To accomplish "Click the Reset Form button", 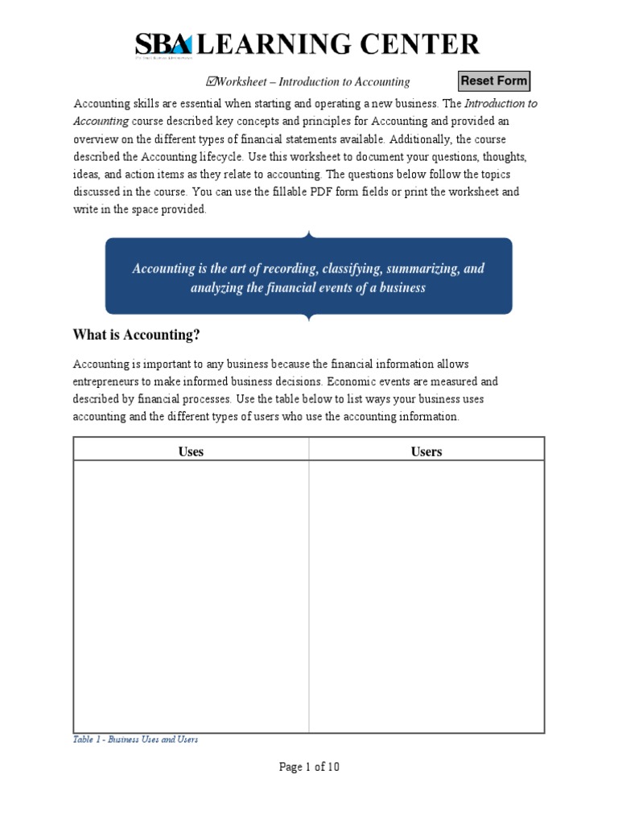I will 494,81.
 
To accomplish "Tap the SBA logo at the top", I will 163,45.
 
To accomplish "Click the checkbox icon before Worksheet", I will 211,81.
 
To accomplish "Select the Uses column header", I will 191,451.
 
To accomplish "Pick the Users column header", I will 426,451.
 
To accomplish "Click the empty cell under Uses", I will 191,595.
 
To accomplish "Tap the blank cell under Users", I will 426,595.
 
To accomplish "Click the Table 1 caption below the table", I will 135,740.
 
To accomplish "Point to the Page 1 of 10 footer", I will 309,767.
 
